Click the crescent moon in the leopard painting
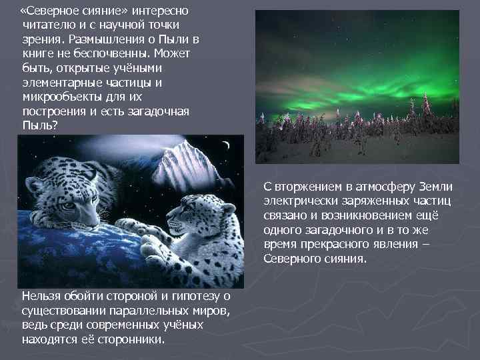pos(226,145)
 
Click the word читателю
pos(47,25)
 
